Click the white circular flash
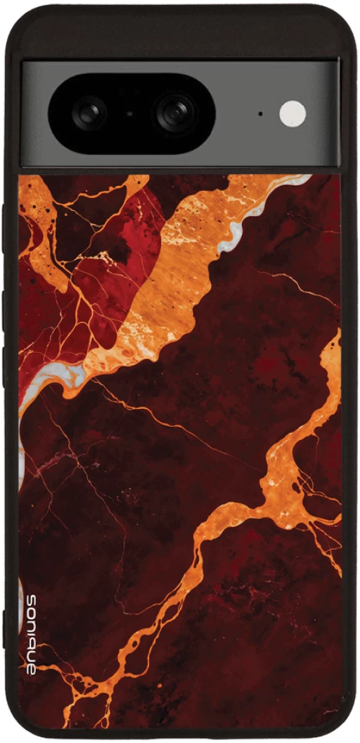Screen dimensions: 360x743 pyautogui.click(x=292, y=114)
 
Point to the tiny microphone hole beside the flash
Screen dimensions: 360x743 pyautogui.click(x=260, y=114)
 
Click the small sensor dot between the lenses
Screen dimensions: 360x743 pyautogui.click(x=130, y=113)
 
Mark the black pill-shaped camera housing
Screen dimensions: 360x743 pyautogui.click(x=131, y=112)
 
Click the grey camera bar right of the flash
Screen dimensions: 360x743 pyautogui.click(x=324, y=114)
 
